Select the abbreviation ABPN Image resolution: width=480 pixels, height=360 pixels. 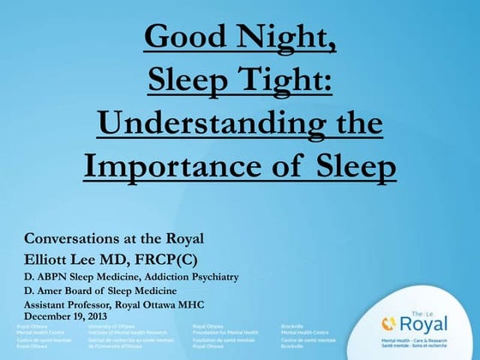pos(53,277)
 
